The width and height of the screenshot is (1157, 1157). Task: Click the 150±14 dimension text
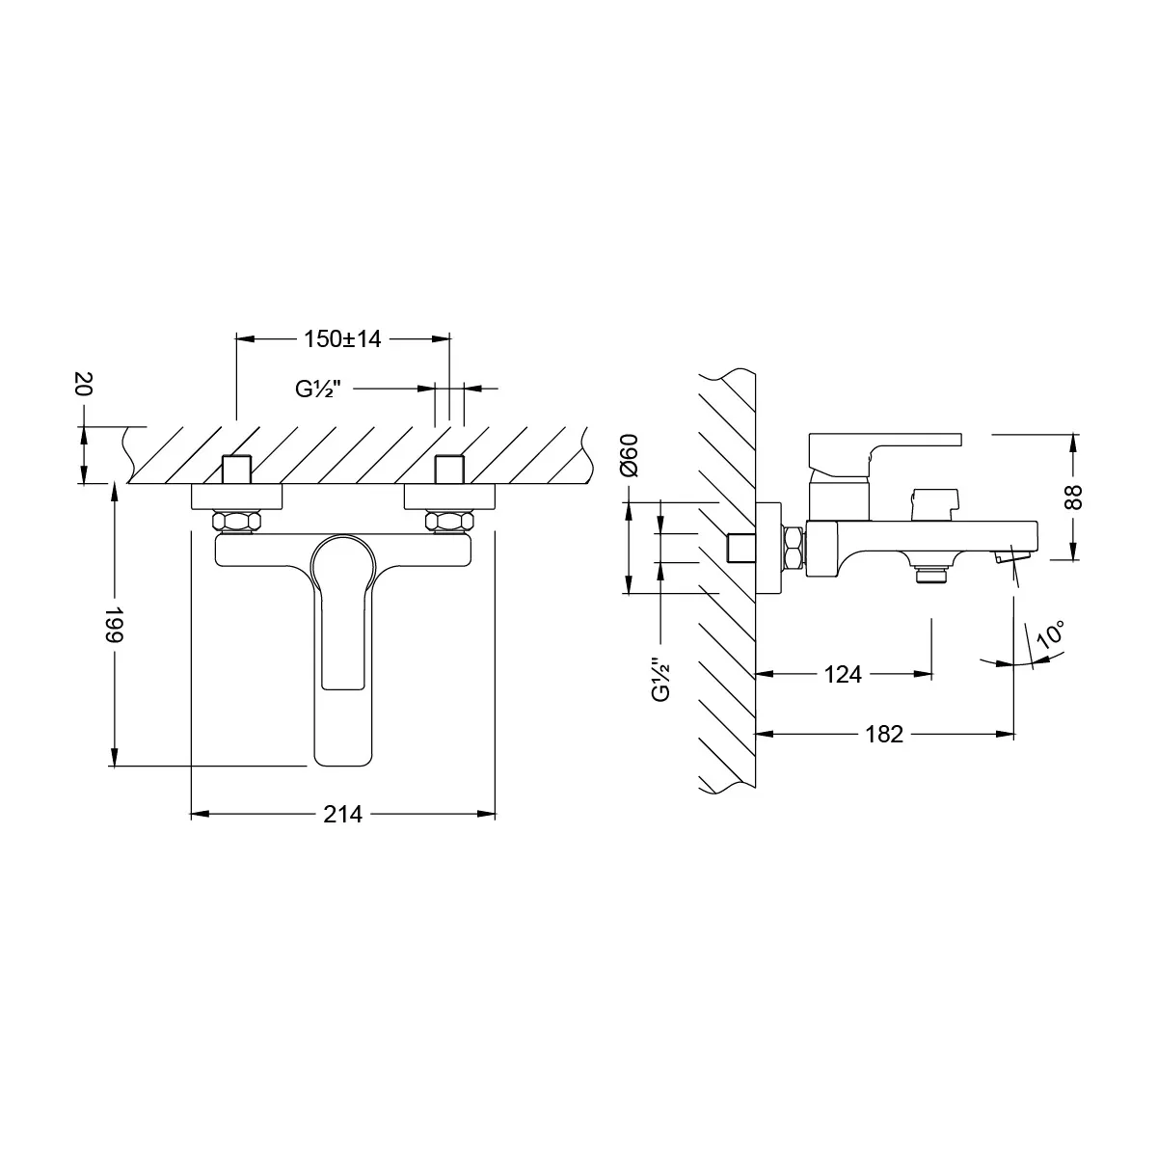[343, 339]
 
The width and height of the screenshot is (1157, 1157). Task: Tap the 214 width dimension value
[342, 815]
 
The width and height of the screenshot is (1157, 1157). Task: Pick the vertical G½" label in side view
[660, 680]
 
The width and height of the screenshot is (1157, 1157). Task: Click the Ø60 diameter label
[629, 454]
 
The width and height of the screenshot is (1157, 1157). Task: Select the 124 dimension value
[843, 675]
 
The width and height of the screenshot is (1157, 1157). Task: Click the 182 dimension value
[883, 735]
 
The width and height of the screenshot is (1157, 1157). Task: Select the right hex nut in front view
[450, 522]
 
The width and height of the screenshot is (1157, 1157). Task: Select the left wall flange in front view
[237, 498]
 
